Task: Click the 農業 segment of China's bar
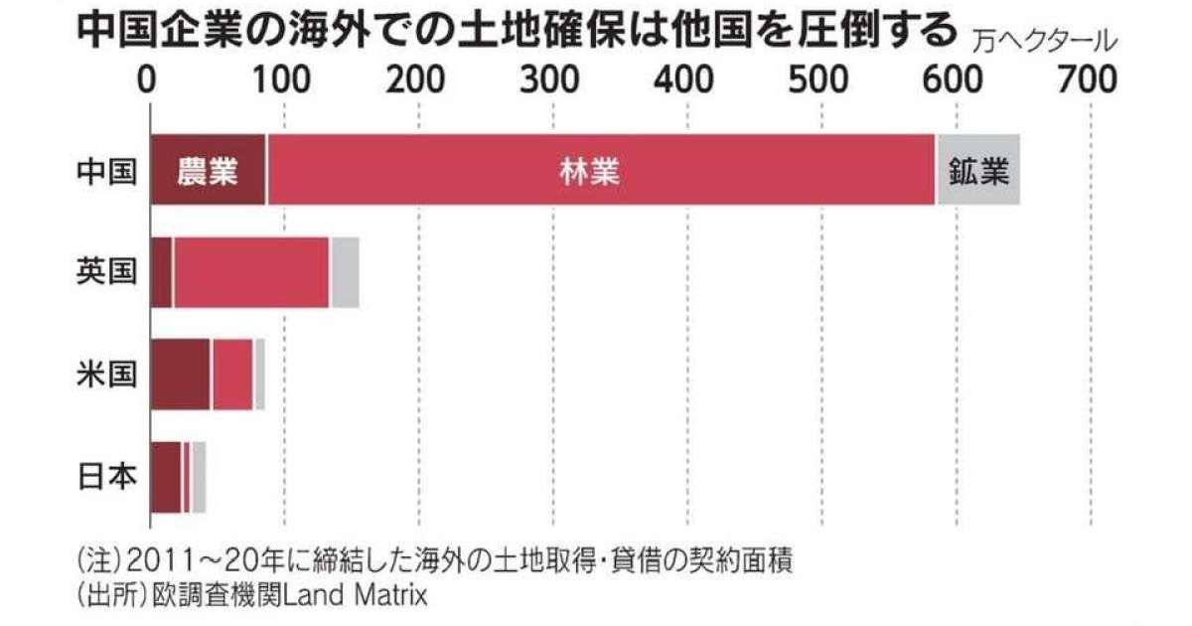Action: click(208, 171)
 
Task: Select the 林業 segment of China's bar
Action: click(601, 171)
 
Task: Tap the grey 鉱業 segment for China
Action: click(978, 171)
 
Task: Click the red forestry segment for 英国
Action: click(251, 272)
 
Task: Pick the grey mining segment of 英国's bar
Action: click(345, 272)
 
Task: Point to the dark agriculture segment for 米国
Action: click(180, 374)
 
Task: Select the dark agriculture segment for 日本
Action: click(166, 476)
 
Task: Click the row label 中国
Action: click(106, 172)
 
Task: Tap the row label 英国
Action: click(106, 272)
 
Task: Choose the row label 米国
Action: click(106, 374)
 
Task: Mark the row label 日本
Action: click(106, 476)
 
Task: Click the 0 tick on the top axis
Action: click(149, 78)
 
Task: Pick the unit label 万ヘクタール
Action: click(1045, 43)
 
